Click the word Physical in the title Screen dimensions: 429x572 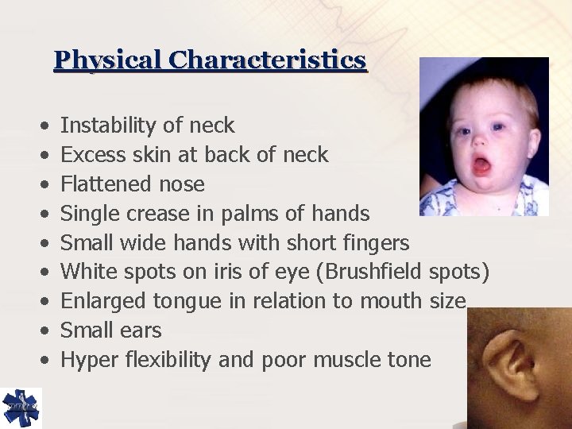click(108, 60)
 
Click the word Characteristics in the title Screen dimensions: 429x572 click(268, 60)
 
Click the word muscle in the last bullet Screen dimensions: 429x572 click(347, 360)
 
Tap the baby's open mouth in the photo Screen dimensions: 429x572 click(481, 165)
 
